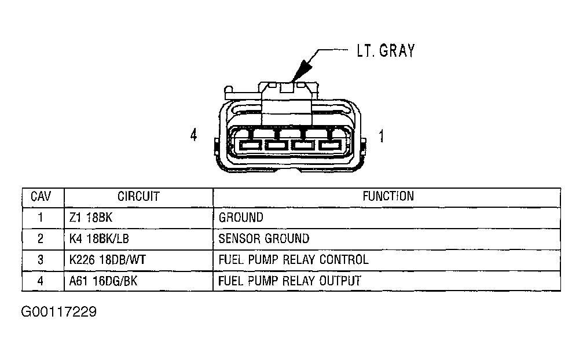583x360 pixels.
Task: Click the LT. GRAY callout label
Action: point(385,51)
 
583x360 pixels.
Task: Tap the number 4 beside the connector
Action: point(194,135)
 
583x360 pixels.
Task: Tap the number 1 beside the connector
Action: point(381,137)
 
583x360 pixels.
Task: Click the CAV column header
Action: point(41,197)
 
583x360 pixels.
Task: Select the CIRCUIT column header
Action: point(138,197)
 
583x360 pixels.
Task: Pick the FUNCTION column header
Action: point(388,197)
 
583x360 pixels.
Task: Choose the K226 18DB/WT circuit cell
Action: point(107,260)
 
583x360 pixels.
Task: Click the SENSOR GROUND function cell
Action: point(264,238)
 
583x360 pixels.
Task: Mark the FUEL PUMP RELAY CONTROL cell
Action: point(294,260)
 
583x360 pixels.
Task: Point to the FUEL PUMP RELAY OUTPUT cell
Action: point(290,281)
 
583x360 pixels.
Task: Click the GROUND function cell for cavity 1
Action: point(241,218)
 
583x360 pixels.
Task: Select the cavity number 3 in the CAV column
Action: point(41,260)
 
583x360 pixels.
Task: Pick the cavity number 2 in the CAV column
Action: point(41,238)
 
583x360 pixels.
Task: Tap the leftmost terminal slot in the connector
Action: point(250,145)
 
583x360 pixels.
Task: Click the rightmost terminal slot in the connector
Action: point(331,145)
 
